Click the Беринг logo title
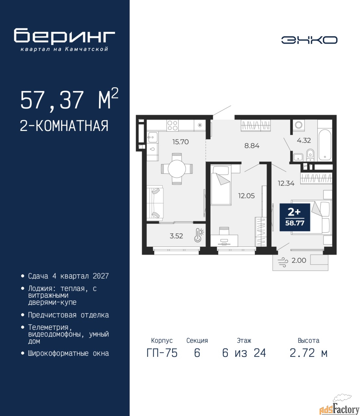[x=64, y=37]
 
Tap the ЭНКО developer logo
[x=309, y=40]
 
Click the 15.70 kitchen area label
[x=180, y=142]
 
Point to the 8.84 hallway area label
[x=252, y=146]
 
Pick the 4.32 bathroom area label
[x=304, y=140]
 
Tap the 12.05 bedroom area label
[x=246, y=196]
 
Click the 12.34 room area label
[x=286, y=183]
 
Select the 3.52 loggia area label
[x=176, y=236]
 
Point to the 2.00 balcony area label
[x=299, y=260]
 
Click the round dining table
[x=177, y=169]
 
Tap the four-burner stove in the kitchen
[x=172, y=125]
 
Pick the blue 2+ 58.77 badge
[x=295, y=217]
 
